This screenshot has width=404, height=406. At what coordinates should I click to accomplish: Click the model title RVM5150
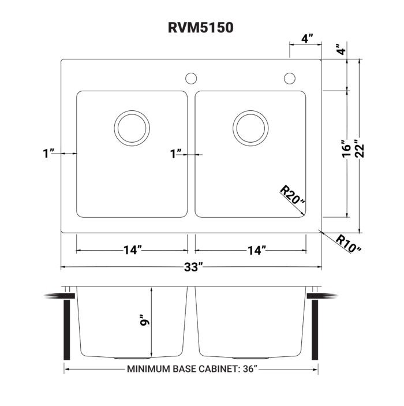201,27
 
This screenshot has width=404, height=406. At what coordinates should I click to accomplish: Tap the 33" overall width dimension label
192,267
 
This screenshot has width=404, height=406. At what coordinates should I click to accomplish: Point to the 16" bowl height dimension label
346,148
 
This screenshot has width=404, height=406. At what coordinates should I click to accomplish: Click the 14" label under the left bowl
132,251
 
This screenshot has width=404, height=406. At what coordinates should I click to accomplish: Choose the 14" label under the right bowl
256,251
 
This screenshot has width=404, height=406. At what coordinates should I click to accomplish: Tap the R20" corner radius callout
292,196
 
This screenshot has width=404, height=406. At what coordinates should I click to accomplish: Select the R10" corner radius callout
348,243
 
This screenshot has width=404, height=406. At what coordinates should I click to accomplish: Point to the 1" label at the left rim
48,153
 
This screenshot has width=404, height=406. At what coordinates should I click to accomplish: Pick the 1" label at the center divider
176,153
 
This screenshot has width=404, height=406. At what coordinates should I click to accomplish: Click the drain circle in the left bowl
132,128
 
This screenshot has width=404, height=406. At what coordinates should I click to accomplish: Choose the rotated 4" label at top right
343,50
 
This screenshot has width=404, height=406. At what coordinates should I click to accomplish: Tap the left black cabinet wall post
68,330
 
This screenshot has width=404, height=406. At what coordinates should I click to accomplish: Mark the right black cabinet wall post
316,330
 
